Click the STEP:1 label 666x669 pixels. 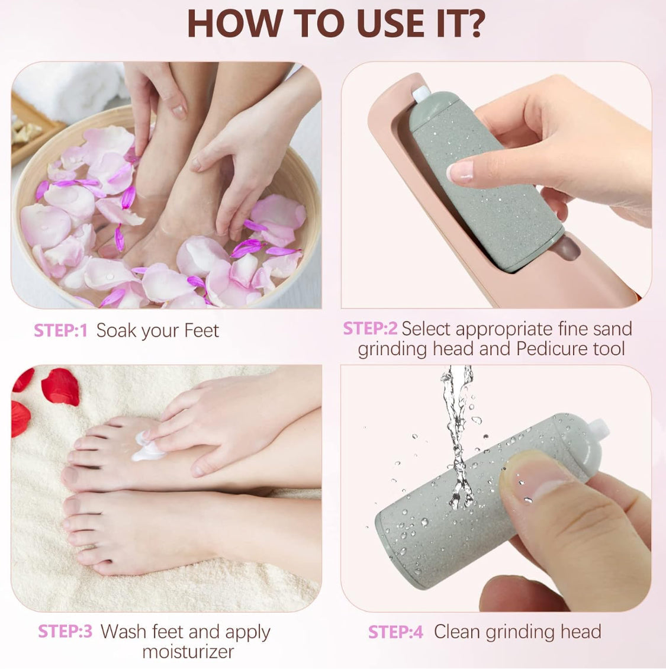coord(60,330)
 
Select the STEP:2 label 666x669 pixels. coord(370,329)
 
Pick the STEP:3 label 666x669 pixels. coord(65,631)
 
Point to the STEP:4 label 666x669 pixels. coord(395,632)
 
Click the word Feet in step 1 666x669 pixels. coord(201,330)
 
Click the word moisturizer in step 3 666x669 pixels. coord(188,652)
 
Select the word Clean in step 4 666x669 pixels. coord(457,632)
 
